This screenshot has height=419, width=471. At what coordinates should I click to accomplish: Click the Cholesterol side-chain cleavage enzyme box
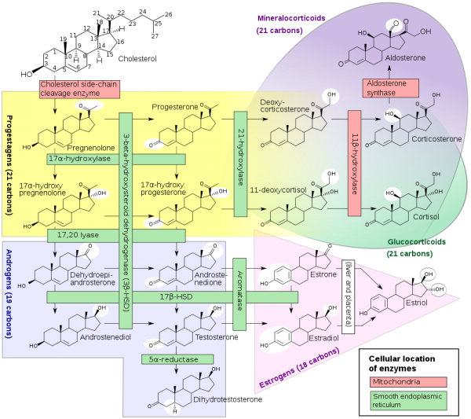[79, 89]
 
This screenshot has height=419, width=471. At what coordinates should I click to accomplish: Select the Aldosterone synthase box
[390, 88]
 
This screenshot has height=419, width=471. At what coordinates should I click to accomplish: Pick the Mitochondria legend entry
[407, 382]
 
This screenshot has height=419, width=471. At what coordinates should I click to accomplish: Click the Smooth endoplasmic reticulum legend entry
[407, 400]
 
